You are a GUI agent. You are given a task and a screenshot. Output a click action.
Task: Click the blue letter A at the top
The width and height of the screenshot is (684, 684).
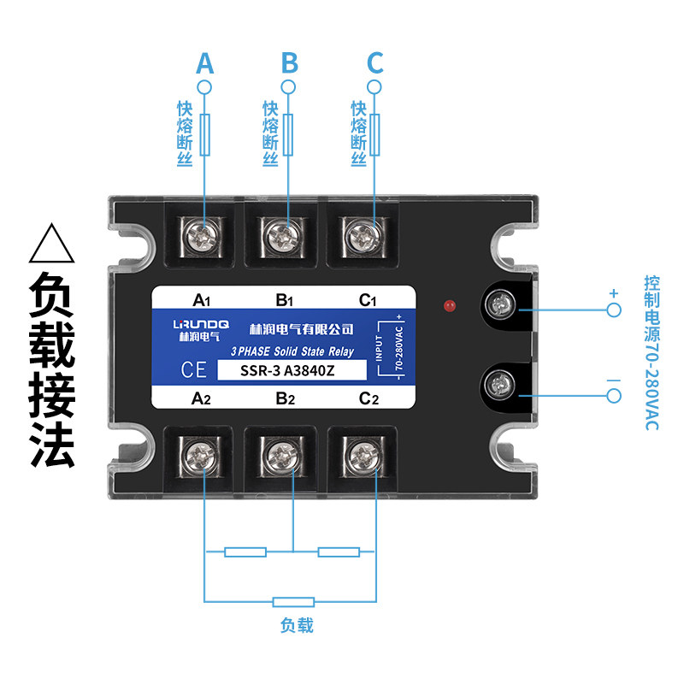pyautogui.click(x=204, y=63)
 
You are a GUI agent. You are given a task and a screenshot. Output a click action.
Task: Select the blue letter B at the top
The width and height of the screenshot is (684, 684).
pyautogui.click(x=290, y=63)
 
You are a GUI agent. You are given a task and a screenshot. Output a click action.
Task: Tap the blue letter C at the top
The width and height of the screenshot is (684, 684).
pyautogui.click(x=374, y=63)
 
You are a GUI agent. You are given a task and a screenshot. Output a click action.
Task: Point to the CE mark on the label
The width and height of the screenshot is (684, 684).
pyautogui.click(x=193, y=370)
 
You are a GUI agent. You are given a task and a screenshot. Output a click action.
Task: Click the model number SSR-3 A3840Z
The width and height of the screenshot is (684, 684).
pyautogui.click(x=292, y=371)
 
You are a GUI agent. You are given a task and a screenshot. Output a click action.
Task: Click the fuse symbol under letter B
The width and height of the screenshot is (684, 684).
pyautogui.click(x=290, y=135)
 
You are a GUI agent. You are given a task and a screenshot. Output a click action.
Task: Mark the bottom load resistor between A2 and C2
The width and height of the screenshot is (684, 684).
pyautogui.click(x=293, y=602)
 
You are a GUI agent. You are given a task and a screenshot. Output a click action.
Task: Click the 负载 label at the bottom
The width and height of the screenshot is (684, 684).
pyautogui.click(x=297, y=626)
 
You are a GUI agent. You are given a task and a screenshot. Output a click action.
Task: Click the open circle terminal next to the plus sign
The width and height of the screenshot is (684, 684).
pyautogui.click(x=613, y=310)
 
